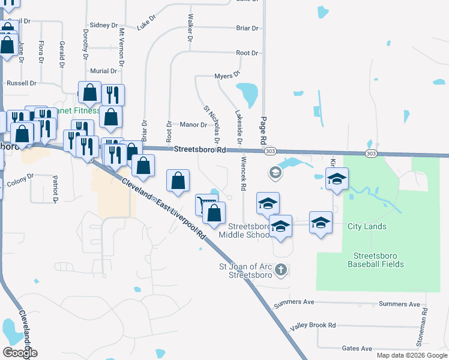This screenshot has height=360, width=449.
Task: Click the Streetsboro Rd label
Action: tap(199, 150)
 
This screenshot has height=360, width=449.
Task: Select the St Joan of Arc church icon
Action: tap(280, 271)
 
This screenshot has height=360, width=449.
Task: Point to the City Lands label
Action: tap(367, 227)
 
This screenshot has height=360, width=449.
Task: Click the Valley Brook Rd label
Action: tap(313, 325)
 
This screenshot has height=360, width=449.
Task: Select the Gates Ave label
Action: tap(357, 349)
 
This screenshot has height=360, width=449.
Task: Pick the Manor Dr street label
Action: tap(193, 125)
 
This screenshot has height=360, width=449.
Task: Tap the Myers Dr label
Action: tap(227, 76)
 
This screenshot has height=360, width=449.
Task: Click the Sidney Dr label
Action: tap(105, 25)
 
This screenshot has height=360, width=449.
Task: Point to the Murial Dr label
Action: tap(103, 71)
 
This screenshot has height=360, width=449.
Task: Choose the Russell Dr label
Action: tap(21, 83)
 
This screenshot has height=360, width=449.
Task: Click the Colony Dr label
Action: tap(21, 176)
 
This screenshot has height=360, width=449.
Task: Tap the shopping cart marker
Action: tap(205, 204)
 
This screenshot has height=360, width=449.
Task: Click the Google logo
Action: tap(20, 353)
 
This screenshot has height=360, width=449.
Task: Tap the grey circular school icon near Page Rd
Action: tap(275, 173)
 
